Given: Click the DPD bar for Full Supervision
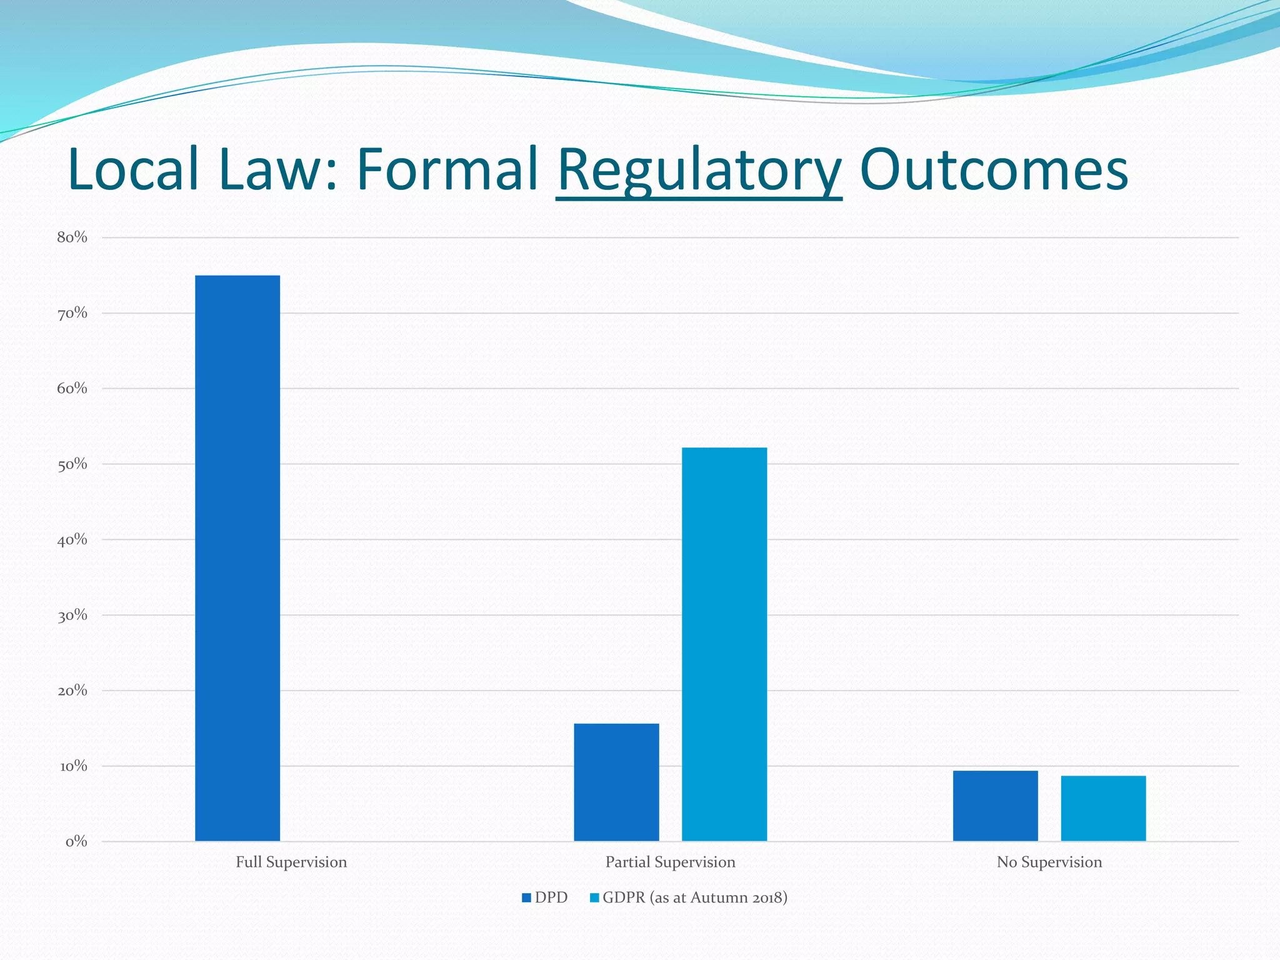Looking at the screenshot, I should [x=237, y=557].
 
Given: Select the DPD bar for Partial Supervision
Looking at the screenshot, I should [x=616, y=782].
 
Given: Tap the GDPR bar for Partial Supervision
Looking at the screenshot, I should [x=724, y=644].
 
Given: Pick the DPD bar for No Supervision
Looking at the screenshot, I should [x=995, y=806].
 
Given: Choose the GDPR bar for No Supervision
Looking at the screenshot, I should [x=1103, y=808].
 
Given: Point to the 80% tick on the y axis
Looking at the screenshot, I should [x=72, y=237].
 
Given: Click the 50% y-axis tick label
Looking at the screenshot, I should [x=72, y=464].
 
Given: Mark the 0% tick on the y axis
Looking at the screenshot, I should [x=76, y=841].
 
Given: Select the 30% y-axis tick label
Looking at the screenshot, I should [x=72, y=615].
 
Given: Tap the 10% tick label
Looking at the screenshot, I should [x=72, y=766].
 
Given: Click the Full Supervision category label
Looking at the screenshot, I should [x=291, y=862].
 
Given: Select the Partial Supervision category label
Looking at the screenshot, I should [x=670, y=862].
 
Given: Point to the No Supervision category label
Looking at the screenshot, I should [x=1049, y=862].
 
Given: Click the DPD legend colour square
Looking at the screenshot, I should [x=526, y=898].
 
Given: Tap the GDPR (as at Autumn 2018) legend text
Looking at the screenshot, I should [x=694, y=898].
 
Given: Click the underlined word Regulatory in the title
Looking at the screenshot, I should [x=699, y=170].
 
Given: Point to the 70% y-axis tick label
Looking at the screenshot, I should [x=72, y=312].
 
